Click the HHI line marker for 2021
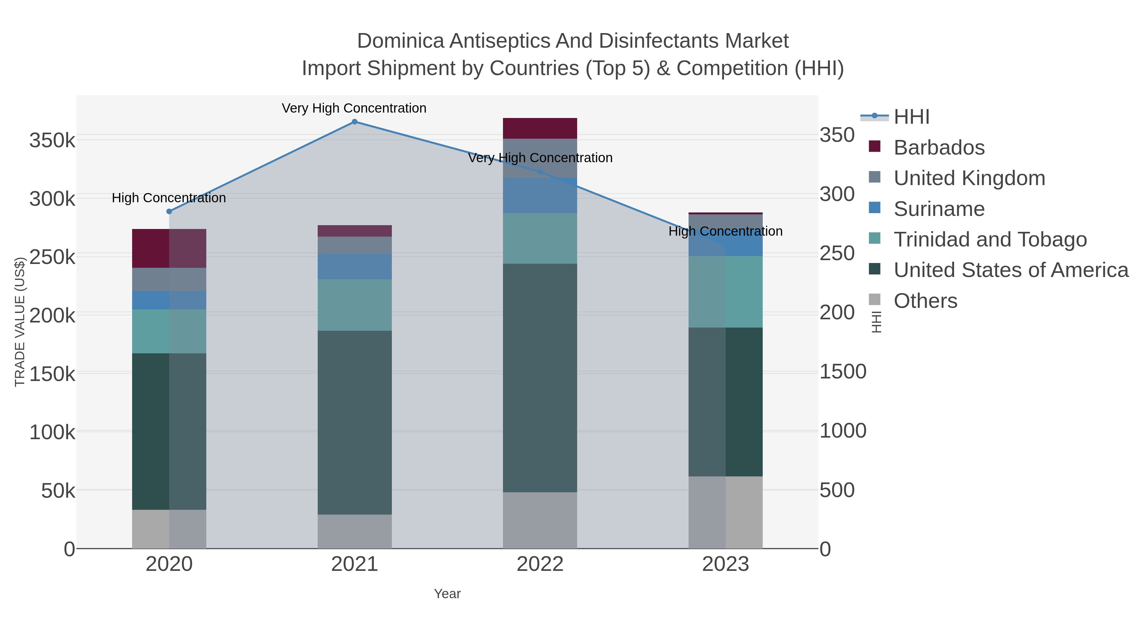click(x=355, y=122)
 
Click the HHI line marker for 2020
click(x=169, y=211)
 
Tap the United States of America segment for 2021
click(x=355, y=422)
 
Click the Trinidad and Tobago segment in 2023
click(x=725, y=292)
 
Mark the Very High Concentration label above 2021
click(x=354, y=108)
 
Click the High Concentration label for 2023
click(x=725, y=231)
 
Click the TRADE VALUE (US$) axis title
click(x=19, y=322)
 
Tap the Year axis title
click(x=447, y=594)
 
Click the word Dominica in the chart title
click(x=400, y=41)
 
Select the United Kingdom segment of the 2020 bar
click(x=169, y=279)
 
